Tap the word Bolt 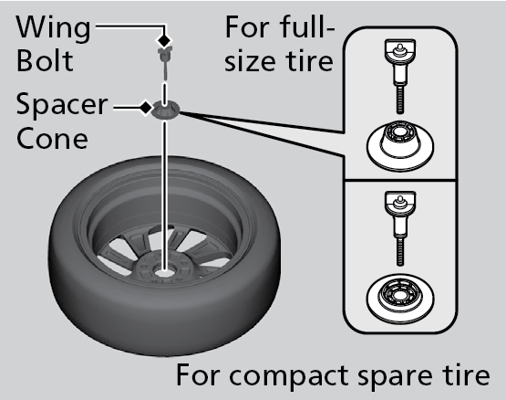tap(45, 60)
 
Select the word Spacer tap(62, 105)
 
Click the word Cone tap(52, 138)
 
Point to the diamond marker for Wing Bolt tap(164, 40)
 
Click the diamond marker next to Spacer tap(146, 108)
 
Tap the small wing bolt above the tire tap(165, 63)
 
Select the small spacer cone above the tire tap(165, 111)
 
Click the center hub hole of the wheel tap(164, 272)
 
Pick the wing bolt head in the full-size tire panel tap(400, 50)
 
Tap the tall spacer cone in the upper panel tap(400, 145)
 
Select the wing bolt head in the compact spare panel tap(400, 202)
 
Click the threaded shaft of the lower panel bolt tap(400, 251)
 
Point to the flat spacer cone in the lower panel tap(400, 298)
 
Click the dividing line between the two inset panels tap(400, 180)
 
